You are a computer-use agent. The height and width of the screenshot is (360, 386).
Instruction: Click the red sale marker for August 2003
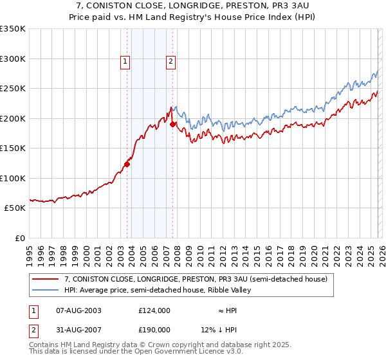tap(127, 164)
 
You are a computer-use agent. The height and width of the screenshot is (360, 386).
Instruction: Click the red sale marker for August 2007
tap(172, 124)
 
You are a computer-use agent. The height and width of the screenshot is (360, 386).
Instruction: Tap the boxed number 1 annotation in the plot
tap(125, 62)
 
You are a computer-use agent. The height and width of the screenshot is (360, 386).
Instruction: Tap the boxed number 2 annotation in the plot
tap(170, 62)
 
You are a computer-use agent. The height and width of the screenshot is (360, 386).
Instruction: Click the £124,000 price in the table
tap(154, 310)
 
